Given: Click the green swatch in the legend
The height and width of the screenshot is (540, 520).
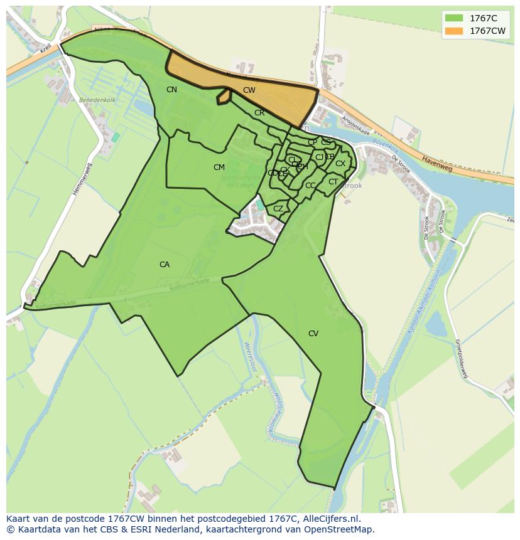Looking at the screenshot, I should point(453,18).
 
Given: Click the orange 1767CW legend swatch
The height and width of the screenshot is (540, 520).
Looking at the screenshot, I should point(453,31).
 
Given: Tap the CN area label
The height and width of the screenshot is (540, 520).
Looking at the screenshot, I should point(171,90).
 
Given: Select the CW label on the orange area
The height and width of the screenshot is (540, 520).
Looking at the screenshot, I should point(249,90).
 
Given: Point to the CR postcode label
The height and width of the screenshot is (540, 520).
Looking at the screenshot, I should point(259,113).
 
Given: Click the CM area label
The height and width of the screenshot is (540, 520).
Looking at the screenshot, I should point(219,167).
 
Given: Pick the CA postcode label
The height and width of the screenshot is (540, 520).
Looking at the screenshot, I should point(165,265).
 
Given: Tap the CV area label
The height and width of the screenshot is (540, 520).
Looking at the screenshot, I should point(313,334).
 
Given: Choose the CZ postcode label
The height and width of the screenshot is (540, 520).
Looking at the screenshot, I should point(278,209).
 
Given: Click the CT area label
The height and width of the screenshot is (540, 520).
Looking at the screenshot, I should point(333,182).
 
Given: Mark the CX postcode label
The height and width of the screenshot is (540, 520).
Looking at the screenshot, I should point(340,164).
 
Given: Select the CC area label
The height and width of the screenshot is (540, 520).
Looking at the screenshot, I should point(310,186).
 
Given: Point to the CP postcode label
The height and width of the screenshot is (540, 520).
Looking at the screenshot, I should point(312,142).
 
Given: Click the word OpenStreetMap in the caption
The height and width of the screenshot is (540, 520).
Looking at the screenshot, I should point(342,529).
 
